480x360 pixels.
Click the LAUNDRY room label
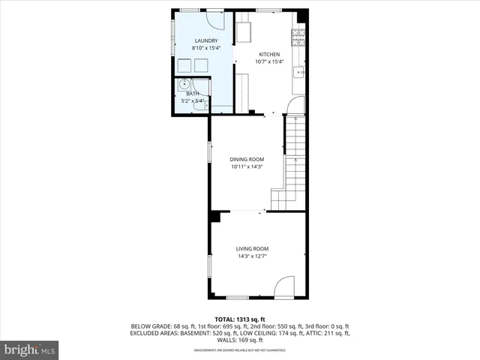tap(206, 40)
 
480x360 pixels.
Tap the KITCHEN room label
tap(269, 55)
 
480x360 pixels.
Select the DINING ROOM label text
tap(247, 159)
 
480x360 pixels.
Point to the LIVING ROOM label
tap(252, 249)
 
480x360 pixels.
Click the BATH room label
tap(193, 94)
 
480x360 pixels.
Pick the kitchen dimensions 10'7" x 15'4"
tap(269, 62)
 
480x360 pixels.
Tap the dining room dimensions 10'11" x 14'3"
tap(247, 167)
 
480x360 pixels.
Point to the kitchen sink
tap(299, 72)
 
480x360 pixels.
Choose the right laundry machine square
tap(201, 65)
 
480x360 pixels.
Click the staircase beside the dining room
tap(294, 165)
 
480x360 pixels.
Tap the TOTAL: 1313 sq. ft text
tap(240, 317)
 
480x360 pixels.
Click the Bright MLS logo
tap(30, 349)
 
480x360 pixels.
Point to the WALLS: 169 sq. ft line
tap(240, 340)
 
